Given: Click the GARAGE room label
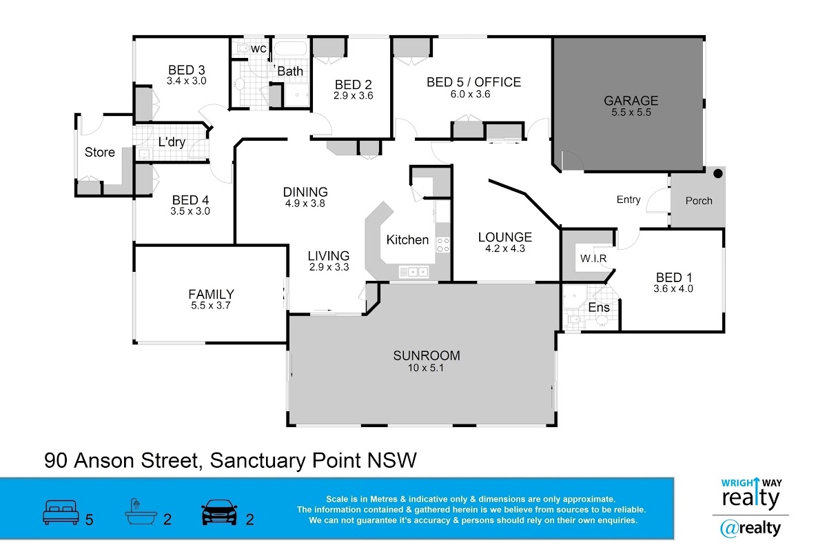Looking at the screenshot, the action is (631, 101).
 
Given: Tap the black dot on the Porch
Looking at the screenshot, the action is (717, 173).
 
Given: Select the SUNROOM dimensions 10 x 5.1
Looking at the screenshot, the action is (426, 368).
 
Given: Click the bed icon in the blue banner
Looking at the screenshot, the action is (61, 512).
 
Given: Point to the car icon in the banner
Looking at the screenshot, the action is (219, 512).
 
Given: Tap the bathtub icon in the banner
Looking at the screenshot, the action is (141, 511).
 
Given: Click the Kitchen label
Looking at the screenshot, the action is (407, 240).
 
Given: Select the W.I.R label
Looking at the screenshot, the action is (593, 259).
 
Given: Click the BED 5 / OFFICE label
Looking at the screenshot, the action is (473, 82).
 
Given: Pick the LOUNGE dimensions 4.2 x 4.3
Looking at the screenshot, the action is (504, 248).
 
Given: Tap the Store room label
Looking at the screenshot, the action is (100, 152).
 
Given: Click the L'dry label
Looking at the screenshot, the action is (172, 142).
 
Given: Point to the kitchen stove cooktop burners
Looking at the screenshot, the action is (442, 245).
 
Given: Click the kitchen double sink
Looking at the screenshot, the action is (413, 272).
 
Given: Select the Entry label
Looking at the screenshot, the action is (629, 200).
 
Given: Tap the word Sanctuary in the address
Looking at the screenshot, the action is (258, 461).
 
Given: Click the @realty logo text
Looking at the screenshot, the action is (751, 529).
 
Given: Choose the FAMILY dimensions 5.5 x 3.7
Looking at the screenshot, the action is (210, 306).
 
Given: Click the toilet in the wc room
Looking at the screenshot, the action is (243, 48).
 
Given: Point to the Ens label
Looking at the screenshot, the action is (599, 308).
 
